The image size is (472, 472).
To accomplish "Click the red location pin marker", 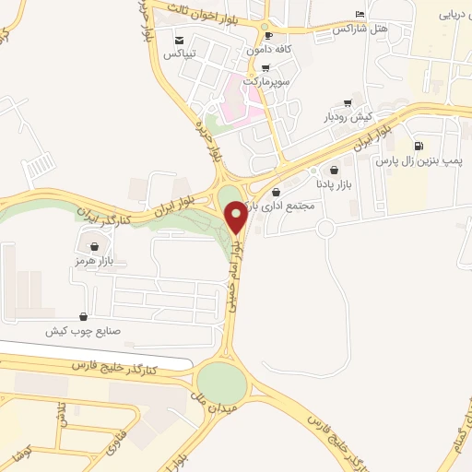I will coord(236,216).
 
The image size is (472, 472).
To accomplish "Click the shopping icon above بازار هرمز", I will coord(96,246).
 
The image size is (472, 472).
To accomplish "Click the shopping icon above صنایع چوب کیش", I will coord(84,316).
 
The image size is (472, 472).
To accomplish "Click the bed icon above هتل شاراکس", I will coord(360,15).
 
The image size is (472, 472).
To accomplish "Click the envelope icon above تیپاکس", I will coord(178,41).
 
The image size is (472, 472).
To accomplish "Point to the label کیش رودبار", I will coord(347,117).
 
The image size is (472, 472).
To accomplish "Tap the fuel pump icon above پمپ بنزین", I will coord(419,146).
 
